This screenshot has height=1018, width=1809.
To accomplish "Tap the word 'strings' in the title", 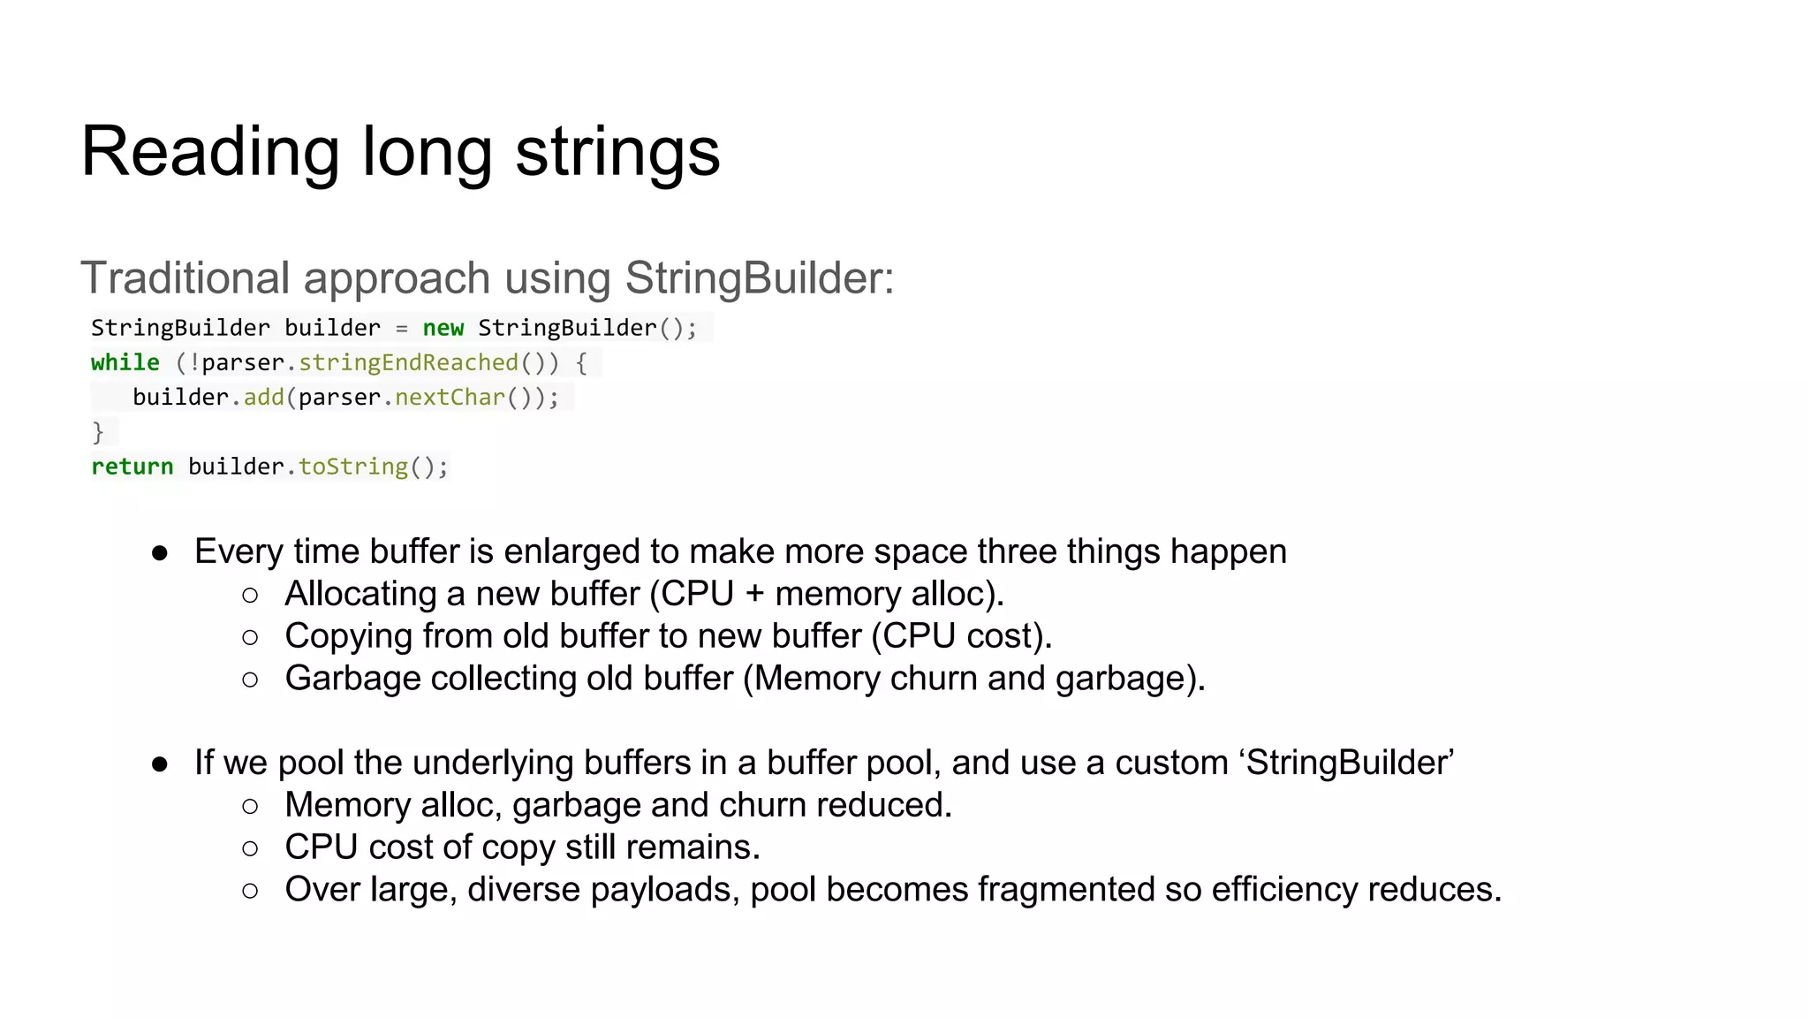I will pos(617,152).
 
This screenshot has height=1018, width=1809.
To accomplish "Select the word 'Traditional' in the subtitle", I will pos(185,278).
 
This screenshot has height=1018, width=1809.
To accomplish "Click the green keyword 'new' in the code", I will pos(443,328).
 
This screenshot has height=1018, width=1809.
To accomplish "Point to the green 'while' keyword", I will pos(125,362).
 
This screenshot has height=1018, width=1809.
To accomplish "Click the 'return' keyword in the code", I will pos(132,467).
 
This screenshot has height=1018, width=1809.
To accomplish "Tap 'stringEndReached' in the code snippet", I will pos(408,362).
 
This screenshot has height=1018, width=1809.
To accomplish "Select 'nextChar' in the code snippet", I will pos(450,398).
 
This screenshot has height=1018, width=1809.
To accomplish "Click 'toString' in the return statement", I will pos(353,467).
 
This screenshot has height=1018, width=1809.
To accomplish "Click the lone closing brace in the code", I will pos(98,432).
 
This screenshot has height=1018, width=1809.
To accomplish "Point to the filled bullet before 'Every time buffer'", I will pos(160,553).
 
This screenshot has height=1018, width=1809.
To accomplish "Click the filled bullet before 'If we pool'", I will pos(160,764).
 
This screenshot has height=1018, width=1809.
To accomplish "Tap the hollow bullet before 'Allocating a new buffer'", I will pos(250,596).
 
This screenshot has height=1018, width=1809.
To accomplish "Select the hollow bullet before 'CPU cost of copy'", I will pos(250,849).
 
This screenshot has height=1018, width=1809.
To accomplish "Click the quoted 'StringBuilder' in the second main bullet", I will pos(1349,763).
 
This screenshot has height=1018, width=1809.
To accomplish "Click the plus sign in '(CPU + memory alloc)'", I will pos(754,594).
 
